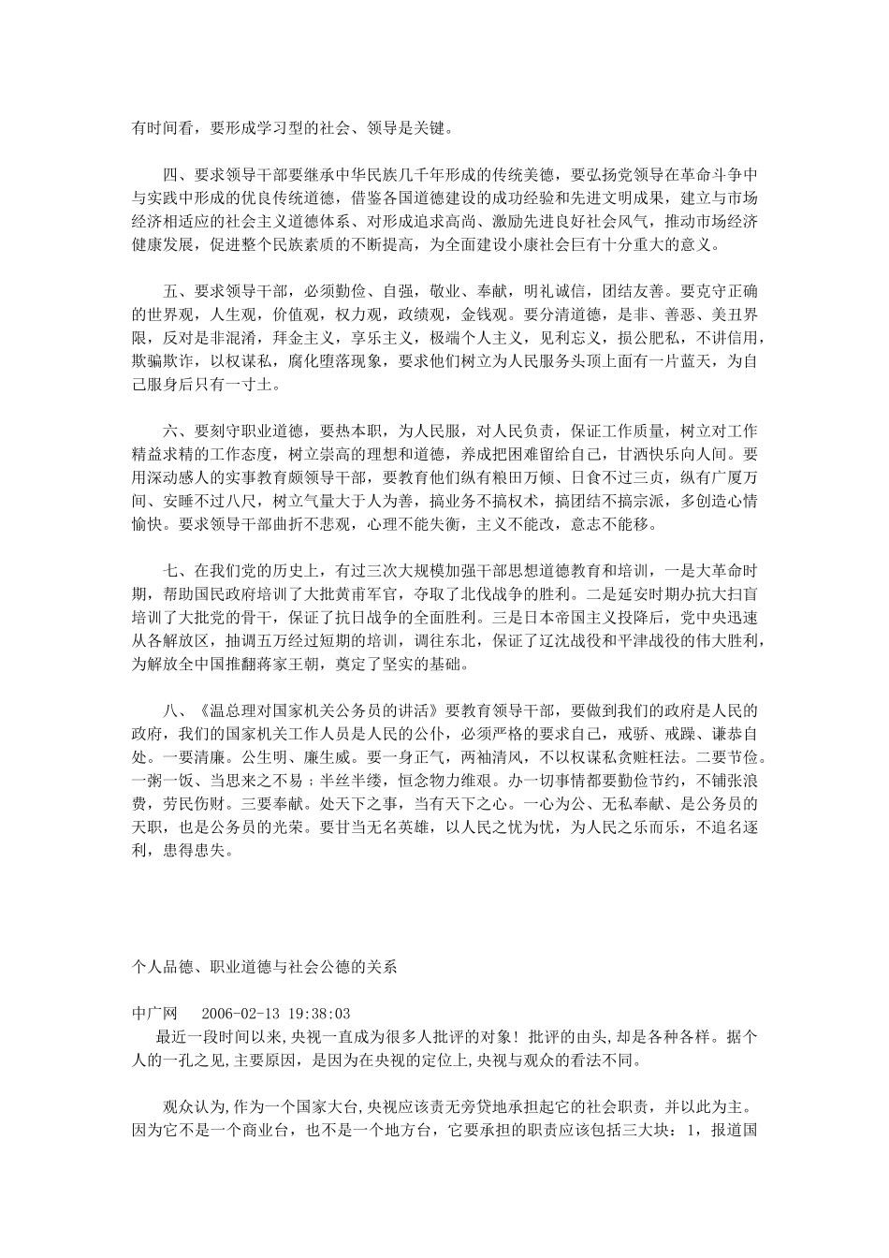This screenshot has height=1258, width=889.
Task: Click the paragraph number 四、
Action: pyautogui.click(x=175, y=174)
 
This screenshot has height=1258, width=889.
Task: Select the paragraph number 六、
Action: pyautogui.click(x=175, y=430)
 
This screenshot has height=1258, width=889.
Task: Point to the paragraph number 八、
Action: pyautogui.click(x=175, y=709)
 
